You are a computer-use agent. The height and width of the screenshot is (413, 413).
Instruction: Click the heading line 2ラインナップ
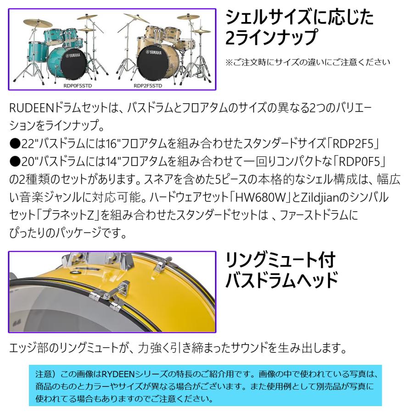point(271,37)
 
